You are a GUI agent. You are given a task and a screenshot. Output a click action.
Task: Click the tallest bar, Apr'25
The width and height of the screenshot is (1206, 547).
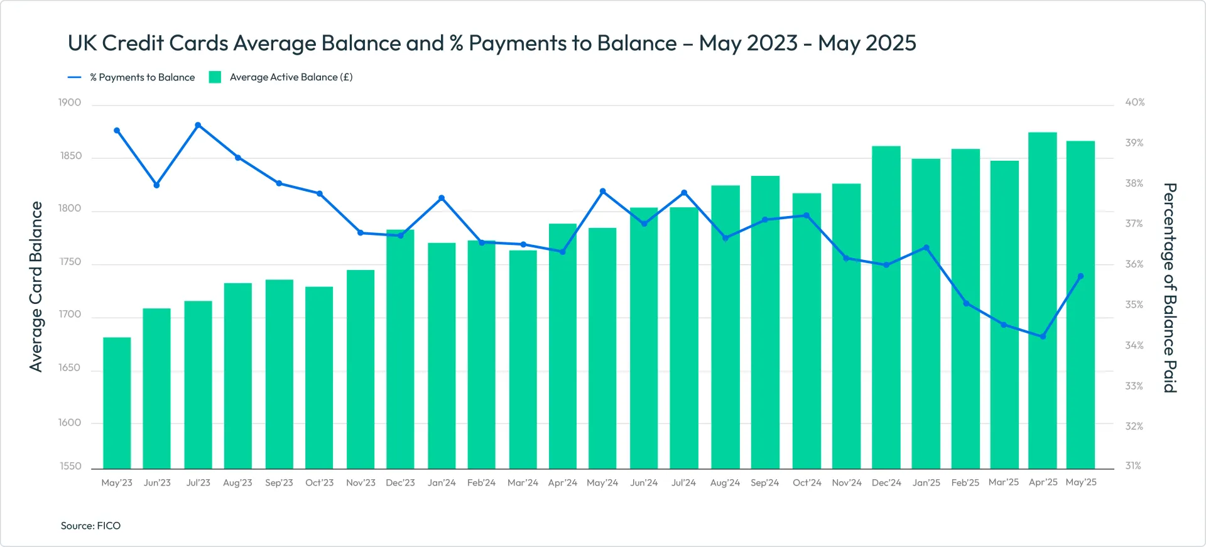[1042, 301]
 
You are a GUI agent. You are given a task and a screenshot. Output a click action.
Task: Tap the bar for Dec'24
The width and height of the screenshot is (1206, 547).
[886, 308]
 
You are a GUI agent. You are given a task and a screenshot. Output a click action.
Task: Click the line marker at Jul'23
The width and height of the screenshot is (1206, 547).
[198, 125]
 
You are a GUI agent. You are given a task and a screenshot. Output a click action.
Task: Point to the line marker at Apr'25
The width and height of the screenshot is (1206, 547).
[1043, 337]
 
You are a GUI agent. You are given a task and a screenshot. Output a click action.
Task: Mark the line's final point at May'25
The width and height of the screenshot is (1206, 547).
[1080, 276]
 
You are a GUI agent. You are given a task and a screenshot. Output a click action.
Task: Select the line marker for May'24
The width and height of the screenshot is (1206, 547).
[602, 191]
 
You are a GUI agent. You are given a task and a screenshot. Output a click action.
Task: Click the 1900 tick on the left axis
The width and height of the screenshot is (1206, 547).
[70, 102]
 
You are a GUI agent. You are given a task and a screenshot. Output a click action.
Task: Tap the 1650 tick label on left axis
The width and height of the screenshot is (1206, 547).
[70, 368]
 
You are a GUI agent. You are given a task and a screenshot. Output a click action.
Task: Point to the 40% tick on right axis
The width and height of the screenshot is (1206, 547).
[1134, 102]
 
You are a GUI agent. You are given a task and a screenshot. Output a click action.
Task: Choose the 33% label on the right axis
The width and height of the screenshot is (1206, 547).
[1134, 386]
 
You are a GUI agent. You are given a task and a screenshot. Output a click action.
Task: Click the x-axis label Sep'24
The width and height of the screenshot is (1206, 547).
[764, 482]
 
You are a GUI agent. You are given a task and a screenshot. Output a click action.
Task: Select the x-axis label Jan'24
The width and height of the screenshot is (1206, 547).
[442, 482]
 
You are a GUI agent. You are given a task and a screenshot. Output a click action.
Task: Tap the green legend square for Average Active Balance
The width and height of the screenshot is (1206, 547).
[215, 77]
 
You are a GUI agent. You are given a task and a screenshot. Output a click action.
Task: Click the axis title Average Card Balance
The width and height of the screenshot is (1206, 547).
[36, 286]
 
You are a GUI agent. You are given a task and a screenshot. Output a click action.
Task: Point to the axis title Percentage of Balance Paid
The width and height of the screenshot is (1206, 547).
[1169, 288]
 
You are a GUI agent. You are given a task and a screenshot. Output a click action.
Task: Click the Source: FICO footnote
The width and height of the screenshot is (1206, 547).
[90, 526]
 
